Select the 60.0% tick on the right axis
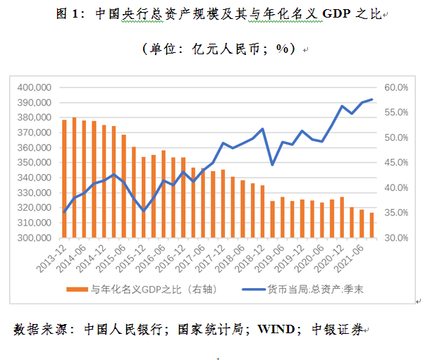pos(395,87)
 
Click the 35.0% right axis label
pos(395,212)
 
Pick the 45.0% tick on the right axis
pos(395,162)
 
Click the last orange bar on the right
pos(371,225)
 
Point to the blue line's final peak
pos(371,100)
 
